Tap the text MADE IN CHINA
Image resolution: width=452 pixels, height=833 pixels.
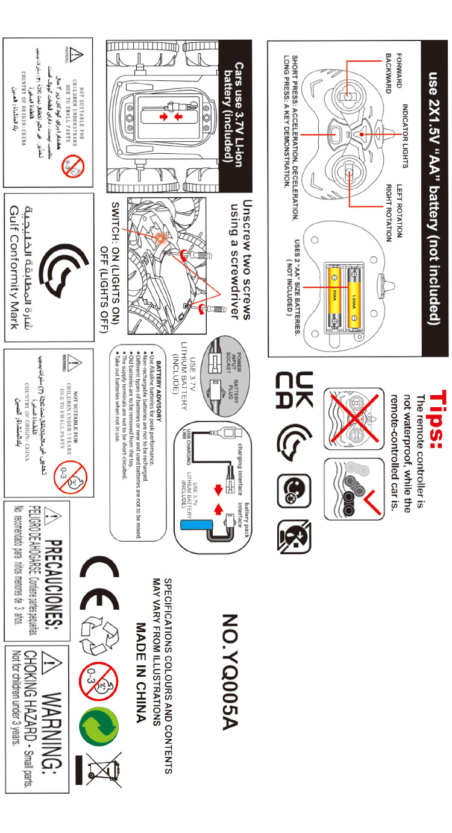(x=142, y=664)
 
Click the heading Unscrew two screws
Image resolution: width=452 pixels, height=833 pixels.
(x=245, y=260)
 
